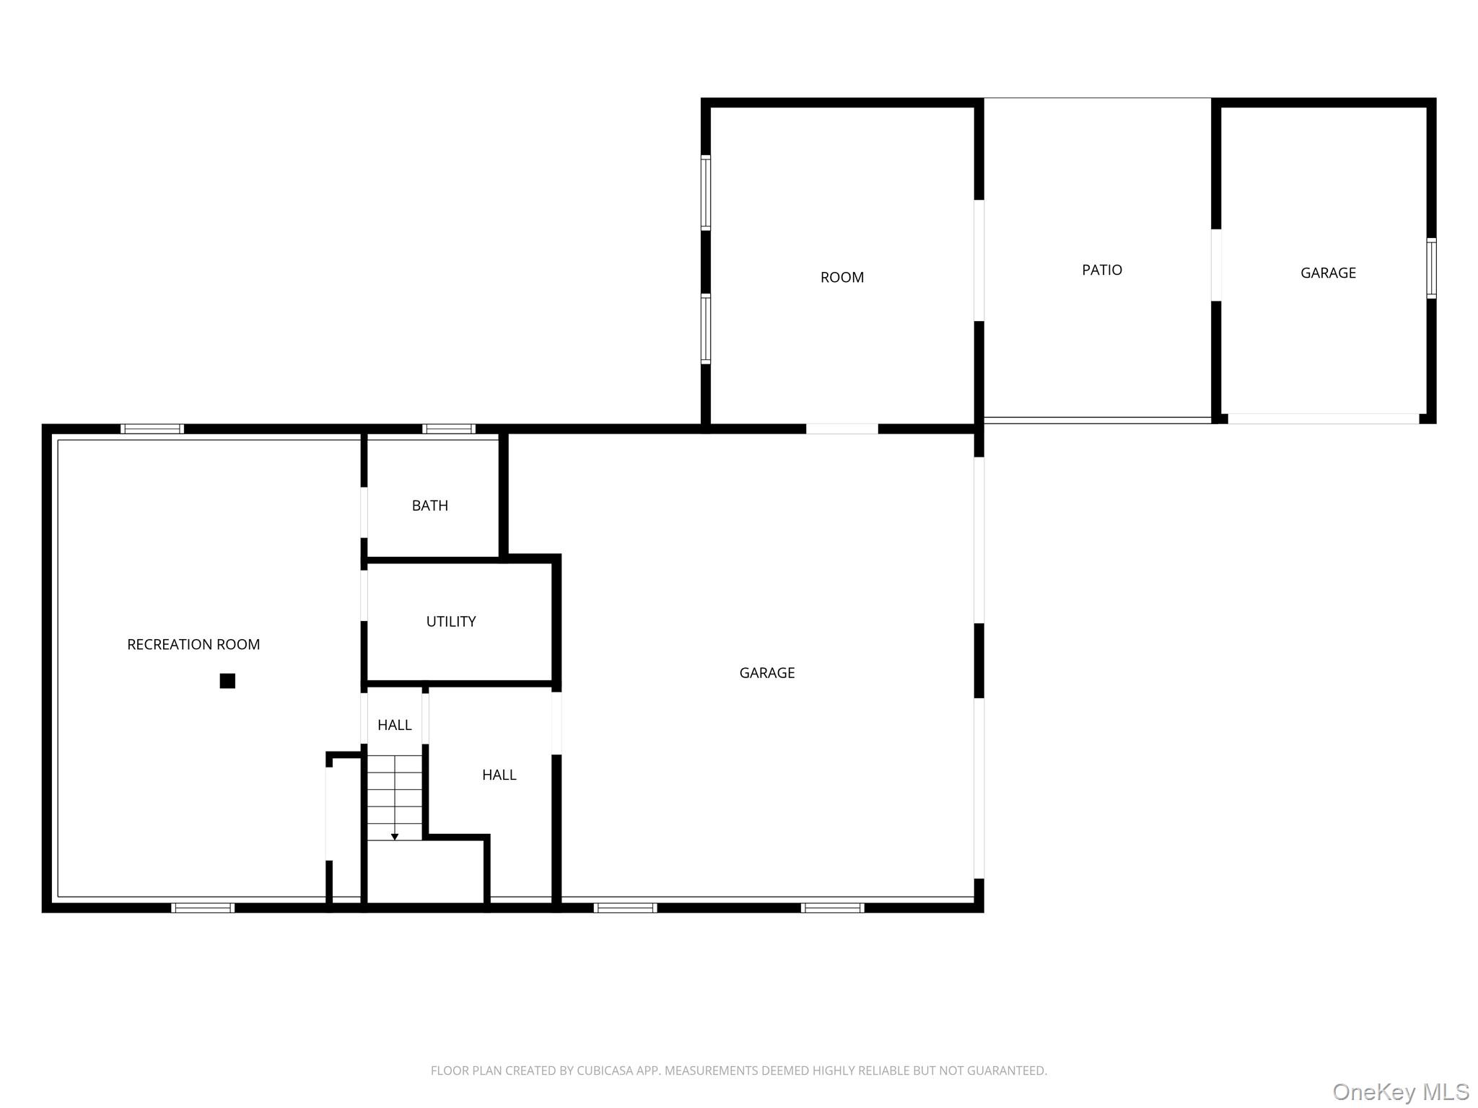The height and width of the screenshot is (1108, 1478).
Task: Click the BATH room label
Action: coord(429,506)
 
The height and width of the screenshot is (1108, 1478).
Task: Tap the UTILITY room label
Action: coord(450,621)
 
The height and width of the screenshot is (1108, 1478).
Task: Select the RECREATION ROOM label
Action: coord(193,644)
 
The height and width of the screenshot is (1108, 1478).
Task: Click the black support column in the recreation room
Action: coord(227,681)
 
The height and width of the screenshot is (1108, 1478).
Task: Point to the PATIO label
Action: coord(1101,270)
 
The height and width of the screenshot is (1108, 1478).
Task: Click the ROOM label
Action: coord(841,277)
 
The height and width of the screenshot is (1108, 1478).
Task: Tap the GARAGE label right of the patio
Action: coord(1328,273)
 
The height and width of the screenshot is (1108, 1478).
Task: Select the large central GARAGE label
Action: coord(766,672)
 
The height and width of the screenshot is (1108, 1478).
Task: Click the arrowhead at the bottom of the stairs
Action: coord(395,837)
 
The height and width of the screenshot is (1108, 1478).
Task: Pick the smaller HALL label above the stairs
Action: coord(394,725)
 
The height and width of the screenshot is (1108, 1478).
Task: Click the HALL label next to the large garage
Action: coord(499,775)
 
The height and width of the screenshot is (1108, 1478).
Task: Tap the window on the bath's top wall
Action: coord(448,429)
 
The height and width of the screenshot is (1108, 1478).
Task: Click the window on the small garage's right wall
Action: coord(1431,268)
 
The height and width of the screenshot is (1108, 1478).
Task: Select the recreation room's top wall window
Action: coord(152,429)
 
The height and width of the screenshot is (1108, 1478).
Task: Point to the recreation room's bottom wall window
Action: coord(203,907)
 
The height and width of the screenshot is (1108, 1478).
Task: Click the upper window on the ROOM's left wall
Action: coord(706,193)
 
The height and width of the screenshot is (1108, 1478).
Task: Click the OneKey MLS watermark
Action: coord(1400,1092)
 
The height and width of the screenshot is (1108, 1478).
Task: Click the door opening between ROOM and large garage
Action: coord(841,429)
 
